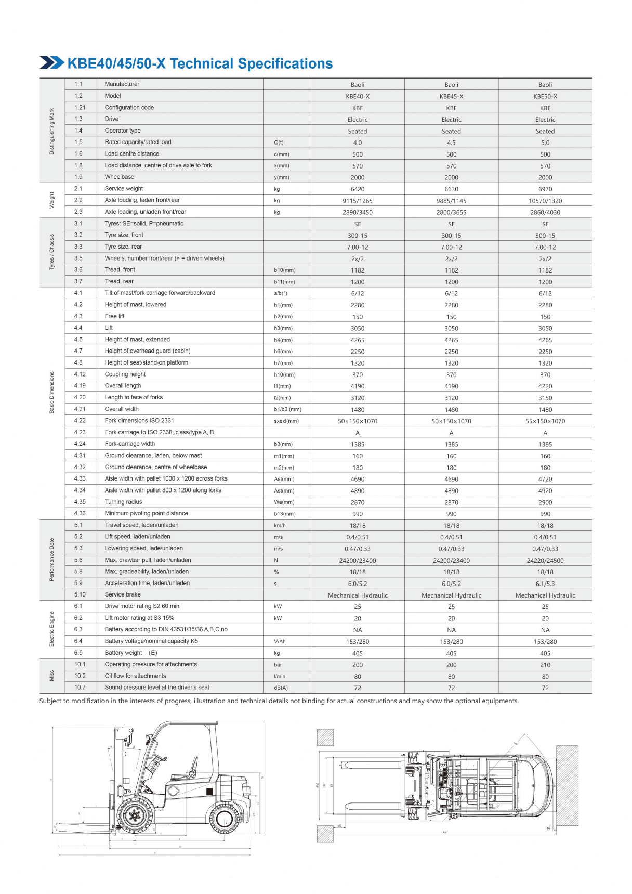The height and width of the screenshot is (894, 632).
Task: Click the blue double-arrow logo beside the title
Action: [x=52, y=62]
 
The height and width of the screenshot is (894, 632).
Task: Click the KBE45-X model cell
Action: [x=451, y=96]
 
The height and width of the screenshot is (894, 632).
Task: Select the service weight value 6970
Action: [x=545, y=189]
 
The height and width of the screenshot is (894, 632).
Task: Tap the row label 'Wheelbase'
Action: [x=119, y=177]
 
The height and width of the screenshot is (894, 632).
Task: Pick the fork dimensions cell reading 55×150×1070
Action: [x=545, y=421]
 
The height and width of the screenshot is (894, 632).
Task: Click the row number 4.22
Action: [x=80, y=421]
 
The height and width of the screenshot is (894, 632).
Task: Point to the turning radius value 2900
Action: [x=545, y=502]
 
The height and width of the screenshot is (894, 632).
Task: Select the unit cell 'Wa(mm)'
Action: [x=284, y=502]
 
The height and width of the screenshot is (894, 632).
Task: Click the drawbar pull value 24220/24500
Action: [x=545, y=561]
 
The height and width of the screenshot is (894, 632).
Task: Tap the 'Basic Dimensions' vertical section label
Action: [x=51, y=393]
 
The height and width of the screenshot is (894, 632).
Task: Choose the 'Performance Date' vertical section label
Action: [x=51, y=560]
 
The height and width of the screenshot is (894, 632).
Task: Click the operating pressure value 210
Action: [x=545, y=665]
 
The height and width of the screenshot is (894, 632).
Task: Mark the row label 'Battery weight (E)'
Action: [x=131, y=653]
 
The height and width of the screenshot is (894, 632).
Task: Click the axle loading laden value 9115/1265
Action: [x=358, y=201]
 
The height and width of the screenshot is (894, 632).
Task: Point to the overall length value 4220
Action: [x=545, y=386]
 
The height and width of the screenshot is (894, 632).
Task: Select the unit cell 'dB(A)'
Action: [x=281, y=688]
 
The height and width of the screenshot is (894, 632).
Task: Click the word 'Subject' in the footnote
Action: [x=50, y=701]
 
